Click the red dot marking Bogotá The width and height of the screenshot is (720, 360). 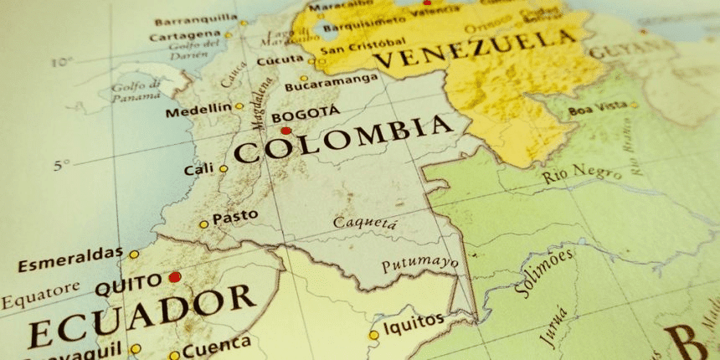pos(286,131)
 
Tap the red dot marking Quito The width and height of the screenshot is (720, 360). pos(174,277)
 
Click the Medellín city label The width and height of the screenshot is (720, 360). pos(198,110)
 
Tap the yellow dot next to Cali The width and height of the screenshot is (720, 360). pos(224,169)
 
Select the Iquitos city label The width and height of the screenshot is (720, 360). pos(414,321)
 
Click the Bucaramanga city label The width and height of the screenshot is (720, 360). pos(331,84)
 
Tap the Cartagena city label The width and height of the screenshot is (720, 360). pos(185,36)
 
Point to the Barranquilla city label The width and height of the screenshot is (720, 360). pos(195,18)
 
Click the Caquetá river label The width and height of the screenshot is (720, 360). pos(365,223)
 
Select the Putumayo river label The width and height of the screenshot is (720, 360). pos(419,265)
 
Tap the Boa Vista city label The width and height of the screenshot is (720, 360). pos(598,110)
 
